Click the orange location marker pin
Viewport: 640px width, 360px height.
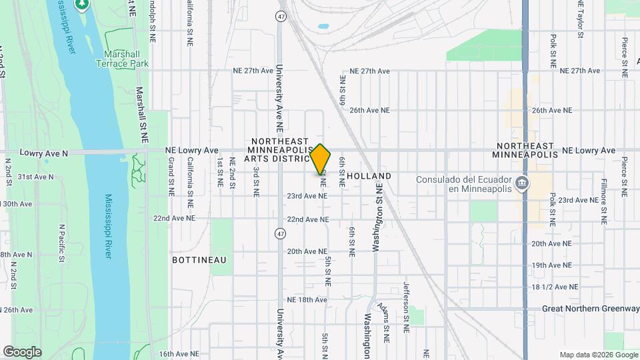(321, 160)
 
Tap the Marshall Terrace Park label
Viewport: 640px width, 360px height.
(125, 59)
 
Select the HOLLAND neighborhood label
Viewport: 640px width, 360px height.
(369, 176)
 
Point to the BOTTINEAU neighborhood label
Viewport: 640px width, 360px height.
(199, 259)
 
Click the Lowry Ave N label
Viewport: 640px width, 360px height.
(44, 153)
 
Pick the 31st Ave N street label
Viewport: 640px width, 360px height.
(35, 177)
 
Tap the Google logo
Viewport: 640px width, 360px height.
(22, 351)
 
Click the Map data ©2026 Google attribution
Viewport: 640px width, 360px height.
(598, 355)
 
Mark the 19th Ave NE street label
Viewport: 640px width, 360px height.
(552, 265)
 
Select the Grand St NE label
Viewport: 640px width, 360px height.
(171, 171)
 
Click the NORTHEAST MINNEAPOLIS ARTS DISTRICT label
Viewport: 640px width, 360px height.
(281, 150)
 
